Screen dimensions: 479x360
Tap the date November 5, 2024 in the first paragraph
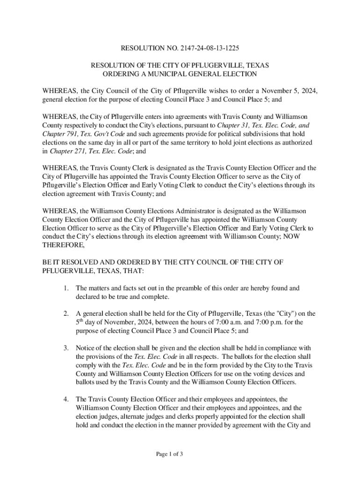coord(290,91)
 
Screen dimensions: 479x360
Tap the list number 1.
coord(67,288)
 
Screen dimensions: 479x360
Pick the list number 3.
coord(67,348)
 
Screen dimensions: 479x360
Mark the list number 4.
coord(67,399)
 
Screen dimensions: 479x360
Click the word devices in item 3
coord(281,374)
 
